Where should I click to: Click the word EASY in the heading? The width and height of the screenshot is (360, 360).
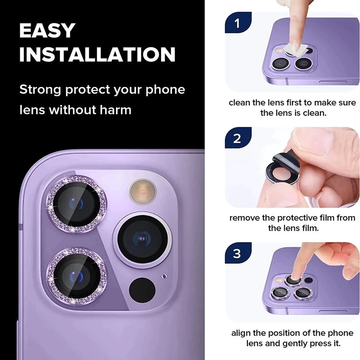47,30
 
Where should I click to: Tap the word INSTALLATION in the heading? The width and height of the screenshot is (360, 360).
97,54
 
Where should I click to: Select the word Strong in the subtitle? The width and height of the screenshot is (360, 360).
40,90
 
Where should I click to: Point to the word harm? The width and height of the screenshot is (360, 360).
116,110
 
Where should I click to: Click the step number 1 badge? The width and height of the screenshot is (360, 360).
238,22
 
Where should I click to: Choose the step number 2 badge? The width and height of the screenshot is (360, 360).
238,138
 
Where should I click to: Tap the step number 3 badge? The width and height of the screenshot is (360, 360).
238,253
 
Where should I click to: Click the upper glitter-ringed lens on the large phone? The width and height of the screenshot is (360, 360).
76,204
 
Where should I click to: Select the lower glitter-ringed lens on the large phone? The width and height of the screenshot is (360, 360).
76,276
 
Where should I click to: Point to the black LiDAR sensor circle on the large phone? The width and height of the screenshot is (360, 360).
142,290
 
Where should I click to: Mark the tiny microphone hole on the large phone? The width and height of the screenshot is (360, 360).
164,276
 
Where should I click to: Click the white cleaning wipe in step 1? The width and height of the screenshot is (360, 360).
295,50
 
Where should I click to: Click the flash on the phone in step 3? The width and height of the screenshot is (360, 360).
279,280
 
